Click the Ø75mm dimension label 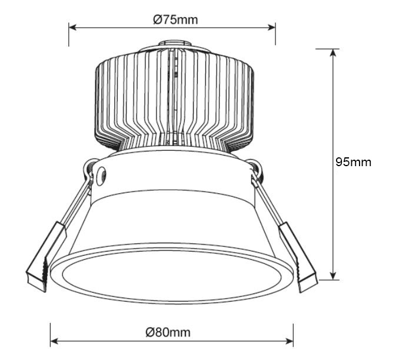coord(175,19)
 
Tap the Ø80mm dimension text coord(168,332)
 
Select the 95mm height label coord(353,162)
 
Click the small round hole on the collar coord(101,173)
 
